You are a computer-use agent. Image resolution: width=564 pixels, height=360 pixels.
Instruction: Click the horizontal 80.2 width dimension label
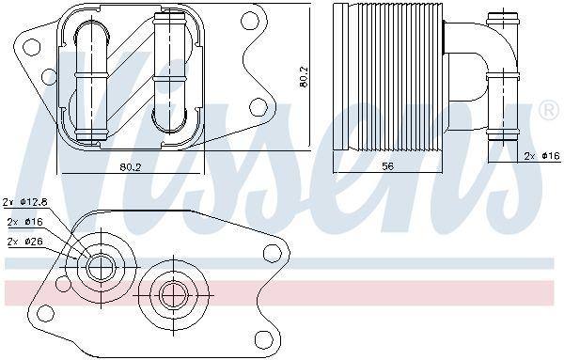point(131,167)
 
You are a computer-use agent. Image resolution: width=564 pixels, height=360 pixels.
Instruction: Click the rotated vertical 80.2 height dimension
point(304,76)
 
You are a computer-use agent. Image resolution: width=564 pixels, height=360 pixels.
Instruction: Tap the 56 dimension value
point(387,166)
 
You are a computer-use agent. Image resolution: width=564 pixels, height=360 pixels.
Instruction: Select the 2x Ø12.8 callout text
point(25,202)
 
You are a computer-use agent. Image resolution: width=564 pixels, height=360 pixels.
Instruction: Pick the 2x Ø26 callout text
point(25,242)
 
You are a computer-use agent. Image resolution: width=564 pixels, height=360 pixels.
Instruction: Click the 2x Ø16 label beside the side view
point(542,156)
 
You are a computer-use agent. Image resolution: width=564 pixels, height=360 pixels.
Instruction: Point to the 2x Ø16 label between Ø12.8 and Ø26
point(25,222)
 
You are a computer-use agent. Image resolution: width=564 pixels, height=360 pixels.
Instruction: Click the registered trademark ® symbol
point(549,111)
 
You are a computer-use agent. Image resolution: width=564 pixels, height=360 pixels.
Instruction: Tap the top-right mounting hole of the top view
point(250,21)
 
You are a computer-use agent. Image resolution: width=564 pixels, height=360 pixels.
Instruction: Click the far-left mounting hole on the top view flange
point(31,47)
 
